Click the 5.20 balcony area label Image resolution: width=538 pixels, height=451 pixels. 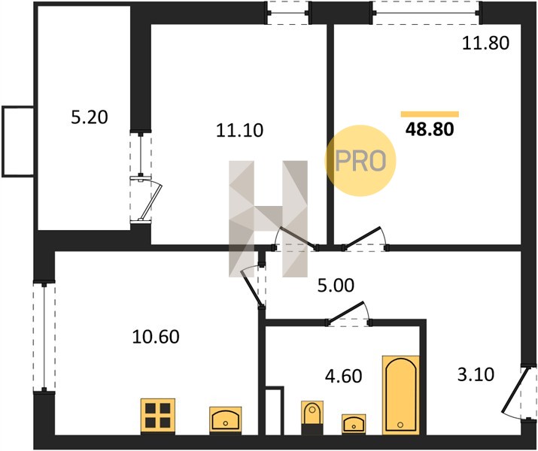pos(90,117)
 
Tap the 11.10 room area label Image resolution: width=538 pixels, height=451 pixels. pos(239,131)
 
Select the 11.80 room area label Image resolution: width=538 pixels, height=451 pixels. pos(485,44)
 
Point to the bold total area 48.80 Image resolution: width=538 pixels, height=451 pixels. pos(430,129)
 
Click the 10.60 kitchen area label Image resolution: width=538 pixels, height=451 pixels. pos(156,337)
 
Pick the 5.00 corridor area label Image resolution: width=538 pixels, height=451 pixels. pos(336,286)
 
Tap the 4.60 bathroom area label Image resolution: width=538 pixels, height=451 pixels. pos(343,376)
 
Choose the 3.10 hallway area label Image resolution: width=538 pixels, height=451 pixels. pos(476,374)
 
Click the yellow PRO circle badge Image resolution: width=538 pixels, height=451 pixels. pos(360,160)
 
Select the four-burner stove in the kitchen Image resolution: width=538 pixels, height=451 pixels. pos(158,416)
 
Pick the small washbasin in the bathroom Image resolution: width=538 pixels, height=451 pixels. pos(354,424)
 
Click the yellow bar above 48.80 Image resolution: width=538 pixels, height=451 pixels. pos(430,114)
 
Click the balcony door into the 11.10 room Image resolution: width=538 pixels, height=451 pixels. pos(145,198)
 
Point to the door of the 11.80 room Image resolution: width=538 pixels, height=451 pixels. pos(365,238)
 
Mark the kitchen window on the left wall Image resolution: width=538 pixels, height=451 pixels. pos(44,336)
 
